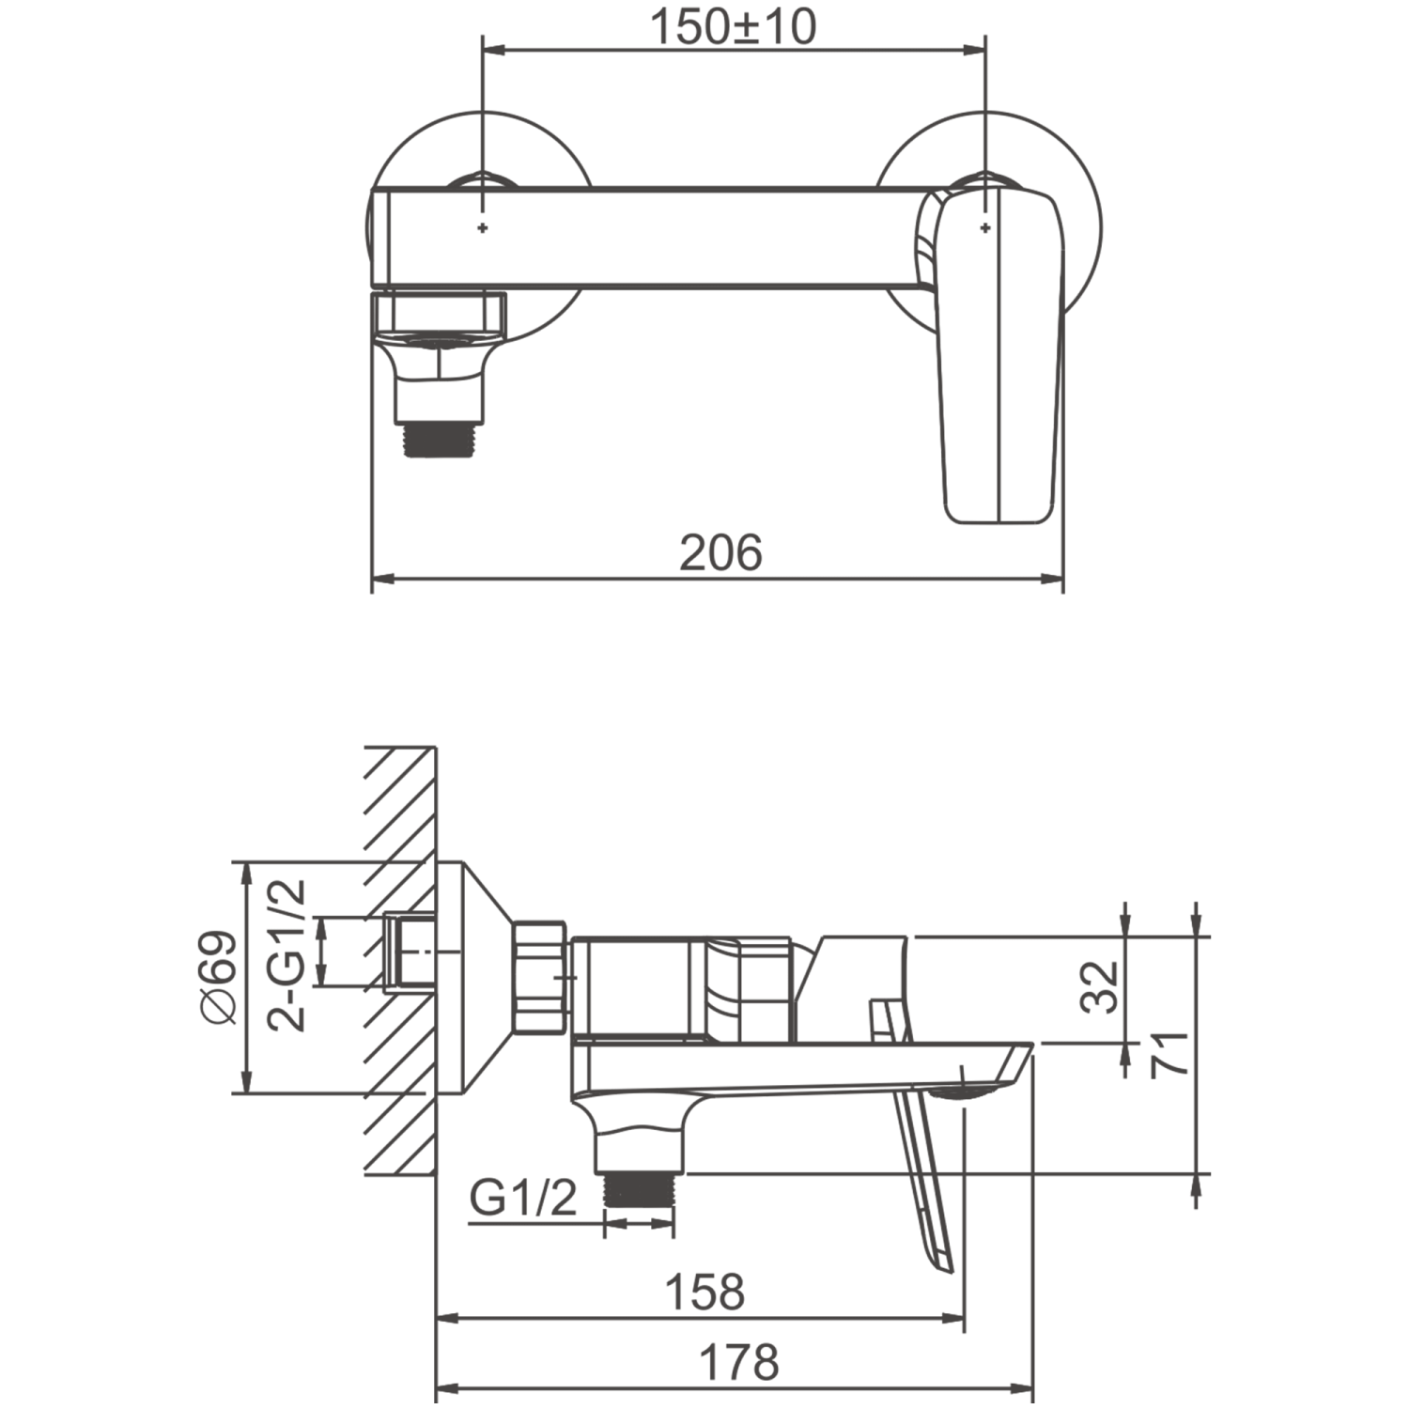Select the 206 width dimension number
(720, 552)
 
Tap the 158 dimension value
(704, 1293)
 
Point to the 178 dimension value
(739, 1362)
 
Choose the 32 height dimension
(1100, 986)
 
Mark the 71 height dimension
(1170, 1054)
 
